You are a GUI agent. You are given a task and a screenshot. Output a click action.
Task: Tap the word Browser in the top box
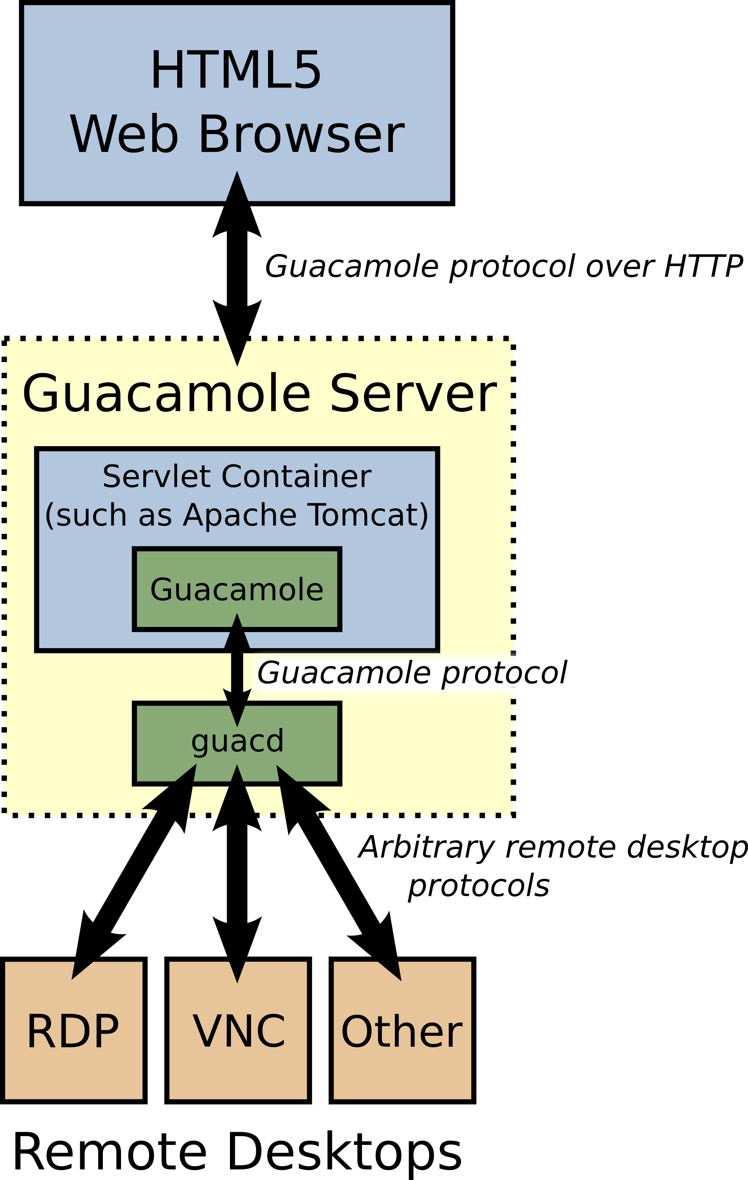tap(301, 134)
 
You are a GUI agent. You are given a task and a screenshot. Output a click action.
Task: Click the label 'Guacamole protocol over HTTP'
tap(503, 267)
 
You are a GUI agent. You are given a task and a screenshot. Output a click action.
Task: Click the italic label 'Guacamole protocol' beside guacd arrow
tap(411, 673)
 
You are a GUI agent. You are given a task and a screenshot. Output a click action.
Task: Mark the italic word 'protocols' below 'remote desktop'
tap(479, 886)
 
